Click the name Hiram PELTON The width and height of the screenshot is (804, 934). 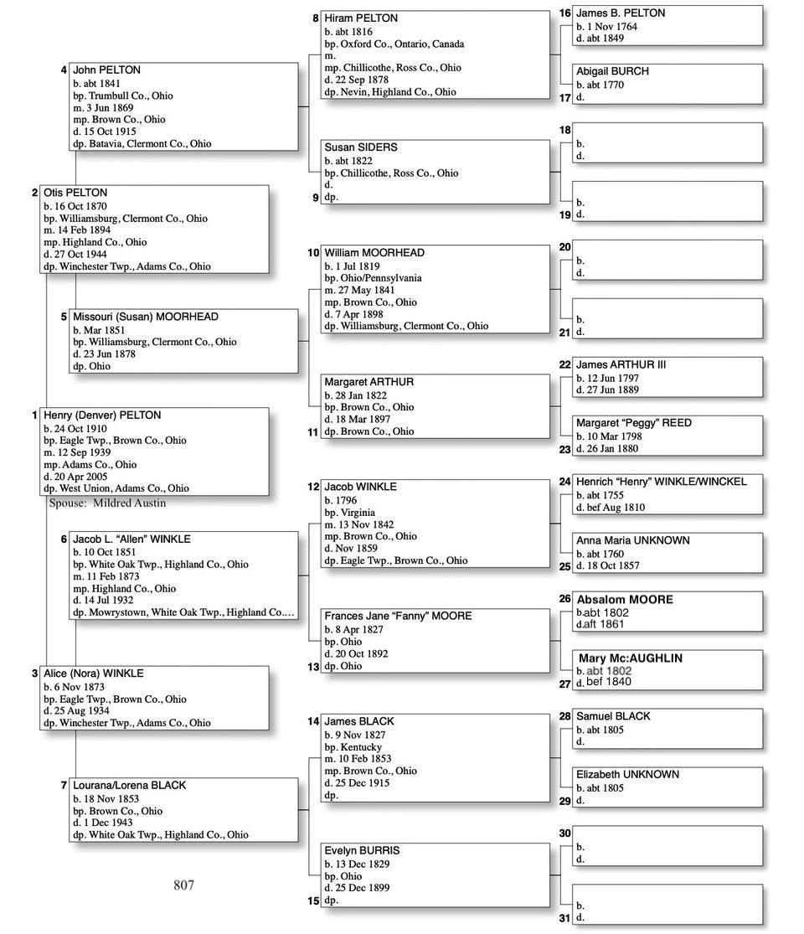[361, 18]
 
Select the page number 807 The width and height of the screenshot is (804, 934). [184, 885]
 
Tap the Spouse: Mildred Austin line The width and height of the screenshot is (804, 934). [107, 503]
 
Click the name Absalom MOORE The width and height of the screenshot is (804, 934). [625, 600]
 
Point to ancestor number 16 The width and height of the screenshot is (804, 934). [564, 13]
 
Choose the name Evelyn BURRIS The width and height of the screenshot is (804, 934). [363, 850]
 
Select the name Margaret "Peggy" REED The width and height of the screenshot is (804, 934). [634, 423]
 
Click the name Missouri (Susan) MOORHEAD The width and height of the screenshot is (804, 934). [146, 317]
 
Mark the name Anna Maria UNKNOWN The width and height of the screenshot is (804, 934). [633, 540]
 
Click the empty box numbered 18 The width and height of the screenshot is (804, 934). [668, 142]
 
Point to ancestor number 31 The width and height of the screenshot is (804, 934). [564, 918]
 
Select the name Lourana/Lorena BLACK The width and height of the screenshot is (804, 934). [130, 786]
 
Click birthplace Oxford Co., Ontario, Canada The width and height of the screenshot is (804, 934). [394, 44]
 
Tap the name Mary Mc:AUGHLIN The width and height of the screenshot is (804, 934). [631, 658]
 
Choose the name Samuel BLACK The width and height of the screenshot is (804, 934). [613, 716]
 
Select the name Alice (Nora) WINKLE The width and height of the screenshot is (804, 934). [94, 673]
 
